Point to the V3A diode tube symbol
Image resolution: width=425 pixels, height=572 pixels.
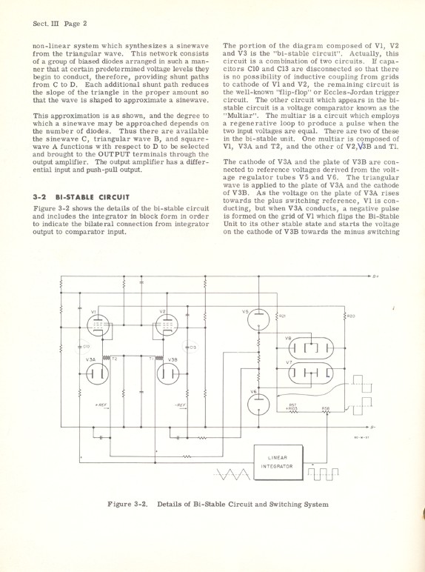coord(94,372)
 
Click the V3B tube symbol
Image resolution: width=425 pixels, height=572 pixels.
coord(168,372)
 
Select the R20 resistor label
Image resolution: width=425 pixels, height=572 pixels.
coord(351,316)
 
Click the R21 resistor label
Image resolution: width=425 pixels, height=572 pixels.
coord(282,316)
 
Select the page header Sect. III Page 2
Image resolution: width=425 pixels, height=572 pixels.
coord(60,23)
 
